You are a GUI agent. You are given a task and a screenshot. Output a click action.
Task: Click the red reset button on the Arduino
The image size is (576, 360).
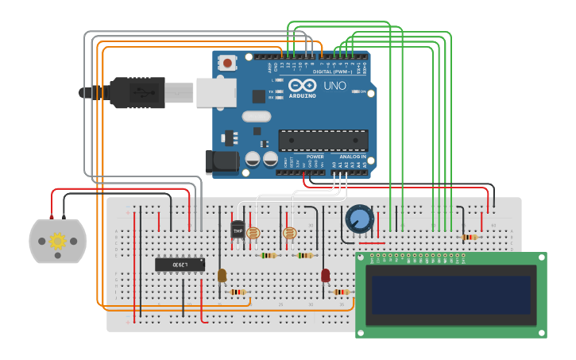click(x=228, y=63)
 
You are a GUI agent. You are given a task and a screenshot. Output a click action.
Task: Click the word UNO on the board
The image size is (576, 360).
click(x=335, y=86)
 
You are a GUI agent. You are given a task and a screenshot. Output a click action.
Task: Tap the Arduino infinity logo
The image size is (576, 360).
click(x=302, y=86)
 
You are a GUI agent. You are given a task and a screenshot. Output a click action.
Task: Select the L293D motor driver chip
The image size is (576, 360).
click(x=180, y=264)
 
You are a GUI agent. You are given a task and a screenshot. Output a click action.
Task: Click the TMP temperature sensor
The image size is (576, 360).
click(x=238, y=230)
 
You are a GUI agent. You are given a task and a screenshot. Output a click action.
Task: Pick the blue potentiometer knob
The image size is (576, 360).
click(x=359, y=219)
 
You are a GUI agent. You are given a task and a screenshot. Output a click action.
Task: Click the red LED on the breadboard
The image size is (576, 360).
click(x=325, y=275)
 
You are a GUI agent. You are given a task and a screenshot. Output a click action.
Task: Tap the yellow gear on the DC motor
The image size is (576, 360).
click(x=57, y=241)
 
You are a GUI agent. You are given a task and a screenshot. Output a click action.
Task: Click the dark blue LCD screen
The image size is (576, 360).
click(x=451, y=295)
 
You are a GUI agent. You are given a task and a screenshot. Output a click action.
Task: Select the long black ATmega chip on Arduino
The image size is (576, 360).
click(x=323, y=140)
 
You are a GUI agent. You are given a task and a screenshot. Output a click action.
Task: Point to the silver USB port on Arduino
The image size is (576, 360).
click(x=216, y=92)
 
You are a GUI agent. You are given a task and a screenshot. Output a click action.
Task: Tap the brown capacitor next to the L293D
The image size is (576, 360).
click(x=222, y=275)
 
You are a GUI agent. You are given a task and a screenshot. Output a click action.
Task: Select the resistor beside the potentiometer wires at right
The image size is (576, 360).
click(x=470, y=237)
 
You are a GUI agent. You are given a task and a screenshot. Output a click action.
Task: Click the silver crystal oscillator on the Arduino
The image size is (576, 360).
click(x=257, y=116)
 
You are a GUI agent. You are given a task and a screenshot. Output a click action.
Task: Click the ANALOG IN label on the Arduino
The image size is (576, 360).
click(x=353, y=157)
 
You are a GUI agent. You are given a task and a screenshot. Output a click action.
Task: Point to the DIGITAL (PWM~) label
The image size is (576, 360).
click(x=334, y=71)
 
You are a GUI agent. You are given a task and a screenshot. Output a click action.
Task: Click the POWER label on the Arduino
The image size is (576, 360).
click(x=315, y=157)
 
